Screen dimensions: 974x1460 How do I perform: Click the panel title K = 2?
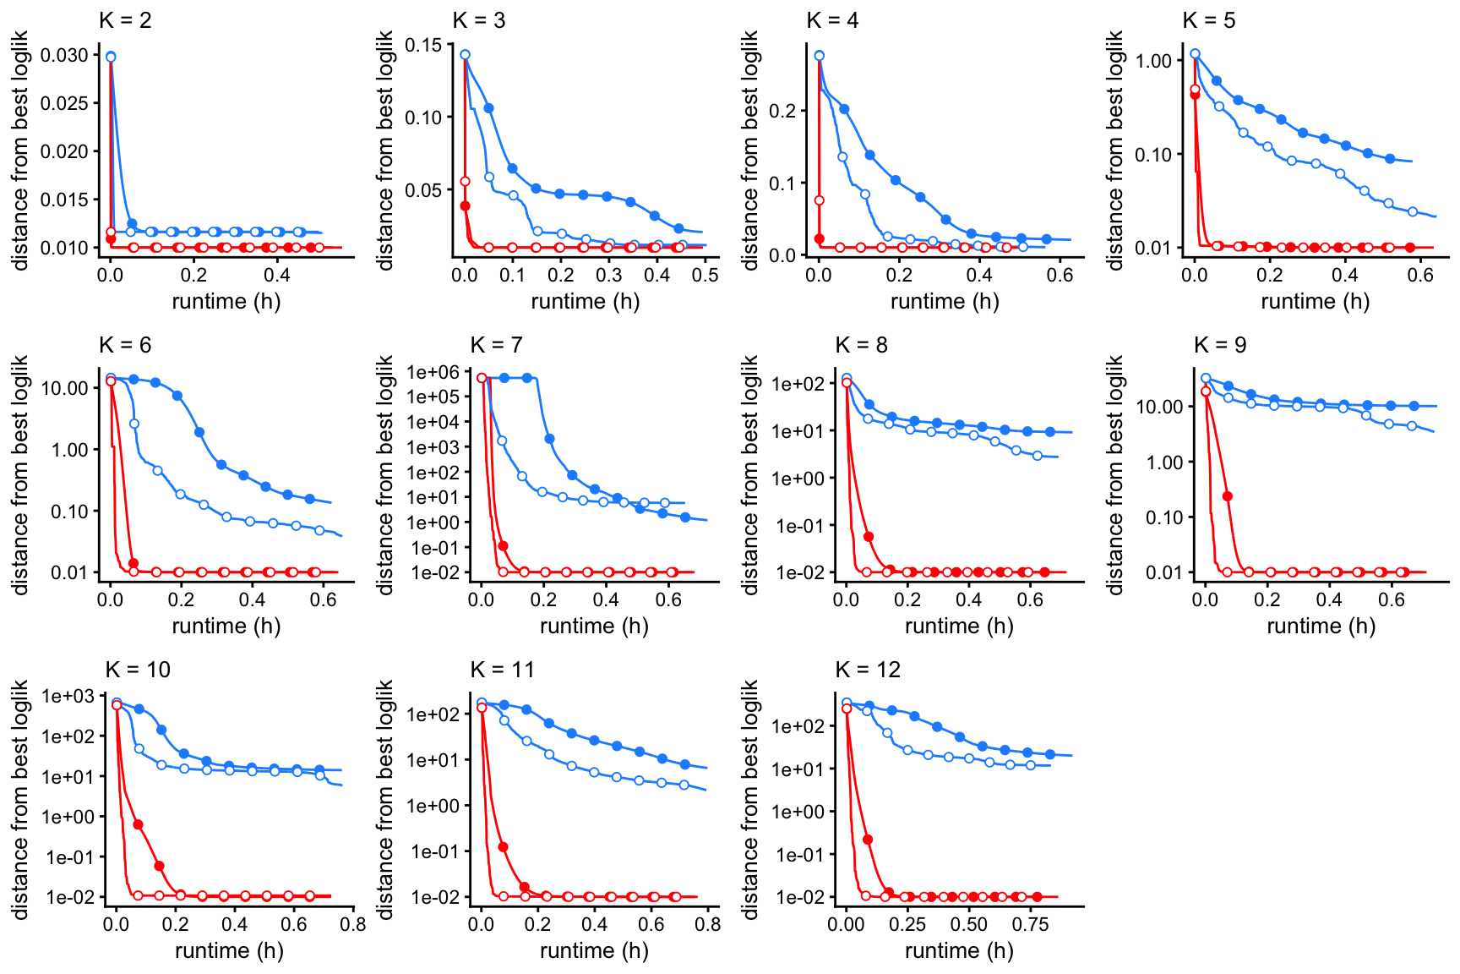(x=125, y=20)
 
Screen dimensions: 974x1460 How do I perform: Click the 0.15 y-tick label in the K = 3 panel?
(x=423, y=45)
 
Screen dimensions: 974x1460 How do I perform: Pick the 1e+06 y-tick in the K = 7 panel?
(x=433, y=372)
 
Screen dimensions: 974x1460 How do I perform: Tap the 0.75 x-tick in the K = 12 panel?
(x=1030, y=924)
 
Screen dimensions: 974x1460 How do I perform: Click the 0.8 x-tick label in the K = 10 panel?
(x=353, y=924)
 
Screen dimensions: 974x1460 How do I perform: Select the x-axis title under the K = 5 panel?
(x=1315, y=301)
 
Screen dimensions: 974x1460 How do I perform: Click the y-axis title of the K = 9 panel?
(x=1115, y=474)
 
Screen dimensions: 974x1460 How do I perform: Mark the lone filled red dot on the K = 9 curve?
(x=1228, y=496)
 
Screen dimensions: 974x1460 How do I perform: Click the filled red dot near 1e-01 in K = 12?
(x=868, y=840)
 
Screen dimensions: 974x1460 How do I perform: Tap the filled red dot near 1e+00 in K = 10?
(x=138, y=824)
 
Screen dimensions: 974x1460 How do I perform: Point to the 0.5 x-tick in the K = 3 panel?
(x=705, y=275)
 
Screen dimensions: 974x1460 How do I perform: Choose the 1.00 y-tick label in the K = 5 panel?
(x=1154, y=61)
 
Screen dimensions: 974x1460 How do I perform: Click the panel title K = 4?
(x=832, y=20)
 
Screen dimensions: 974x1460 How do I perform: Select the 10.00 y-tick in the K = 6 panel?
(x=65, y=388)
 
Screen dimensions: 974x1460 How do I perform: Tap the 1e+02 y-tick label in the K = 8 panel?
(x=798, y=384)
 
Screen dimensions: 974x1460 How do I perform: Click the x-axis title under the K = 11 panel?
(x=594, y=950)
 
